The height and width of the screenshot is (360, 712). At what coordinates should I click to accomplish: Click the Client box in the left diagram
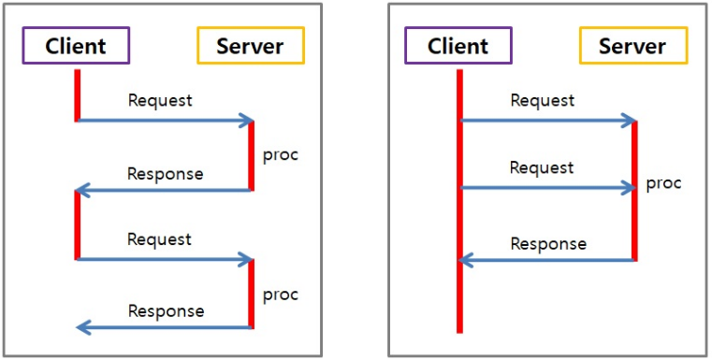pos(76,45)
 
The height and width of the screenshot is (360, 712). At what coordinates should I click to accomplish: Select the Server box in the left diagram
pos(251,45)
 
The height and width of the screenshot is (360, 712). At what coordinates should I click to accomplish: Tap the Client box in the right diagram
pos(458,46)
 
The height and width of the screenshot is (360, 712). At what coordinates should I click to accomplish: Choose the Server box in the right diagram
pos(632,46)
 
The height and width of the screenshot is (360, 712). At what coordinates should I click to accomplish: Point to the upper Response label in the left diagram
pos(165,173)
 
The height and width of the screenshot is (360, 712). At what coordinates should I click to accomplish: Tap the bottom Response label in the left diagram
pos(166,310)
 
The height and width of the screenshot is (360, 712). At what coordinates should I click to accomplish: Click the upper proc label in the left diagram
pos(280,154)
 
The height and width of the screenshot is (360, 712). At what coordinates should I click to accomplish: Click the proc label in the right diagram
pos(663,182)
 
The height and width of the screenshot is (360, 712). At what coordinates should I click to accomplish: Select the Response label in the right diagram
pos(548,244)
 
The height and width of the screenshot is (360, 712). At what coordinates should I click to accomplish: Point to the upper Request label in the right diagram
pos(542,100)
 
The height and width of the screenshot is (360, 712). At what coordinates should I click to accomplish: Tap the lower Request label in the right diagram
pos(542,168)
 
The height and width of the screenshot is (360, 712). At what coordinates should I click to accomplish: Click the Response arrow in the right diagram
pos(548,260)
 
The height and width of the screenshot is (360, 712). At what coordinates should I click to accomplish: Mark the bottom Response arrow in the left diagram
pos(165,327)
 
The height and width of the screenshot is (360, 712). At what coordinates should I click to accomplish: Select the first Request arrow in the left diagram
pos(165,121)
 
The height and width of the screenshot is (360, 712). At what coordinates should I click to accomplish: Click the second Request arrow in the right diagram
pos(548,188)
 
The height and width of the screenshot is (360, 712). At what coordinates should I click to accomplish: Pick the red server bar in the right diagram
pos(635,191)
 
